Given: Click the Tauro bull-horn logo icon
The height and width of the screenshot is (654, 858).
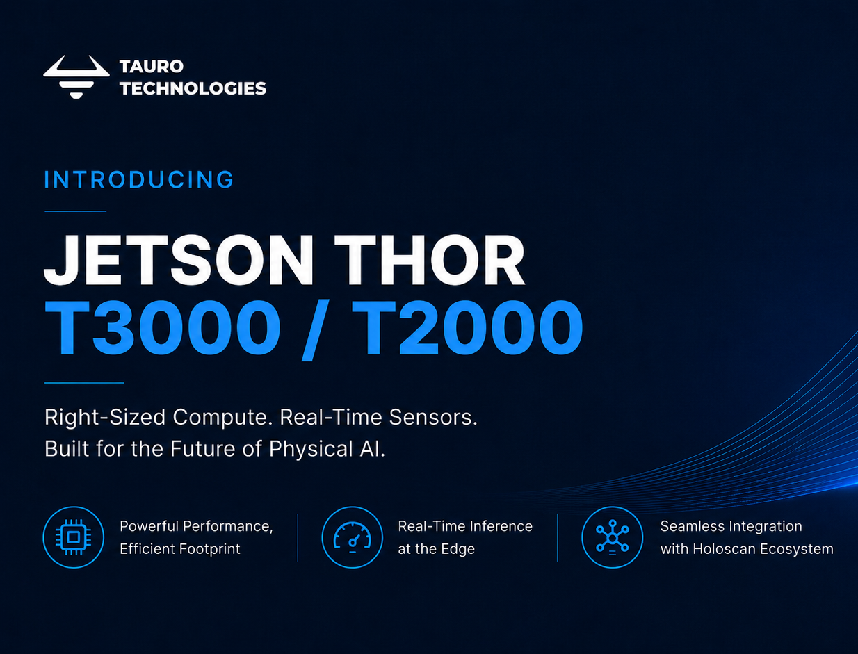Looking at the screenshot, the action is [x=76, y=76].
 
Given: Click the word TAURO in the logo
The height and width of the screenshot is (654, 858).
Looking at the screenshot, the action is [x=152, y=67].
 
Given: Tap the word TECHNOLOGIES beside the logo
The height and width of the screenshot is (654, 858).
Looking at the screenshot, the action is [x=193, y=88].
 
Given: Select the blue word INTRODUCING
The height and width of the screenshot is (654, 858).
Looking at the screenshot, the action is [x=139, y=180].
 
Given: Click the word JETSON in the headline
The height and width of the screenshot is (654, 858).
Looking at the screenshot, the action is [x=179, y=260].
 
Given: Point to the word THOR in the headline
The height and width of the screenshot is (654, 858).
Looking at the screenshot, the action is [x=429, y=260].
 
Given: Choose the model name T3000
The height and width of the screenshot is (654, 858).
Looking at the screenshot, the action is [x=163, y=327].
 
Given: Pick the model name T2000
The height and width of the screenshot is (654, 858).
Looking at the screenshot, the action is [x=467, y=327].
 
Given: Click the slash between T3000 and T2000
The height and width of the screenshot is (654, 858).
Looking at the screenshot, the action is [x=316, y=330].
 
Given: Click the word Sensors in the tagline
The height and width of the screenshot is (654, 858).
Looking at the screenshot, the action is [x=433, y=417].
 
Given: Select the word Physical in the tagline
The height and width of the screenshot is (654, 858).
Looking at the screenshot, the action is [x=311, y=449].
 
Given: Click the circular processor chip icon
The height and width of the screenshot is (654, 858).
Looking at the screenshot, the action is [x=74, y=537].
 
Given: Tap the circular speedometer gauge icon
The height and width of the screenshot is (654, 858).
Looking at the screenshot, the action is [x=353, y=537].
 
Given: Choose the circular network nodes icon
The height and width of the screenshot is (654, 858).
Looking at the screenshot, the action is [x=613, y=537].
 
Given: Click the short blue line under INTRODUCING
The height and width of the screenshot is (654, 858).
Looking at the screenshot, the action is [x=76, y=211].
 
